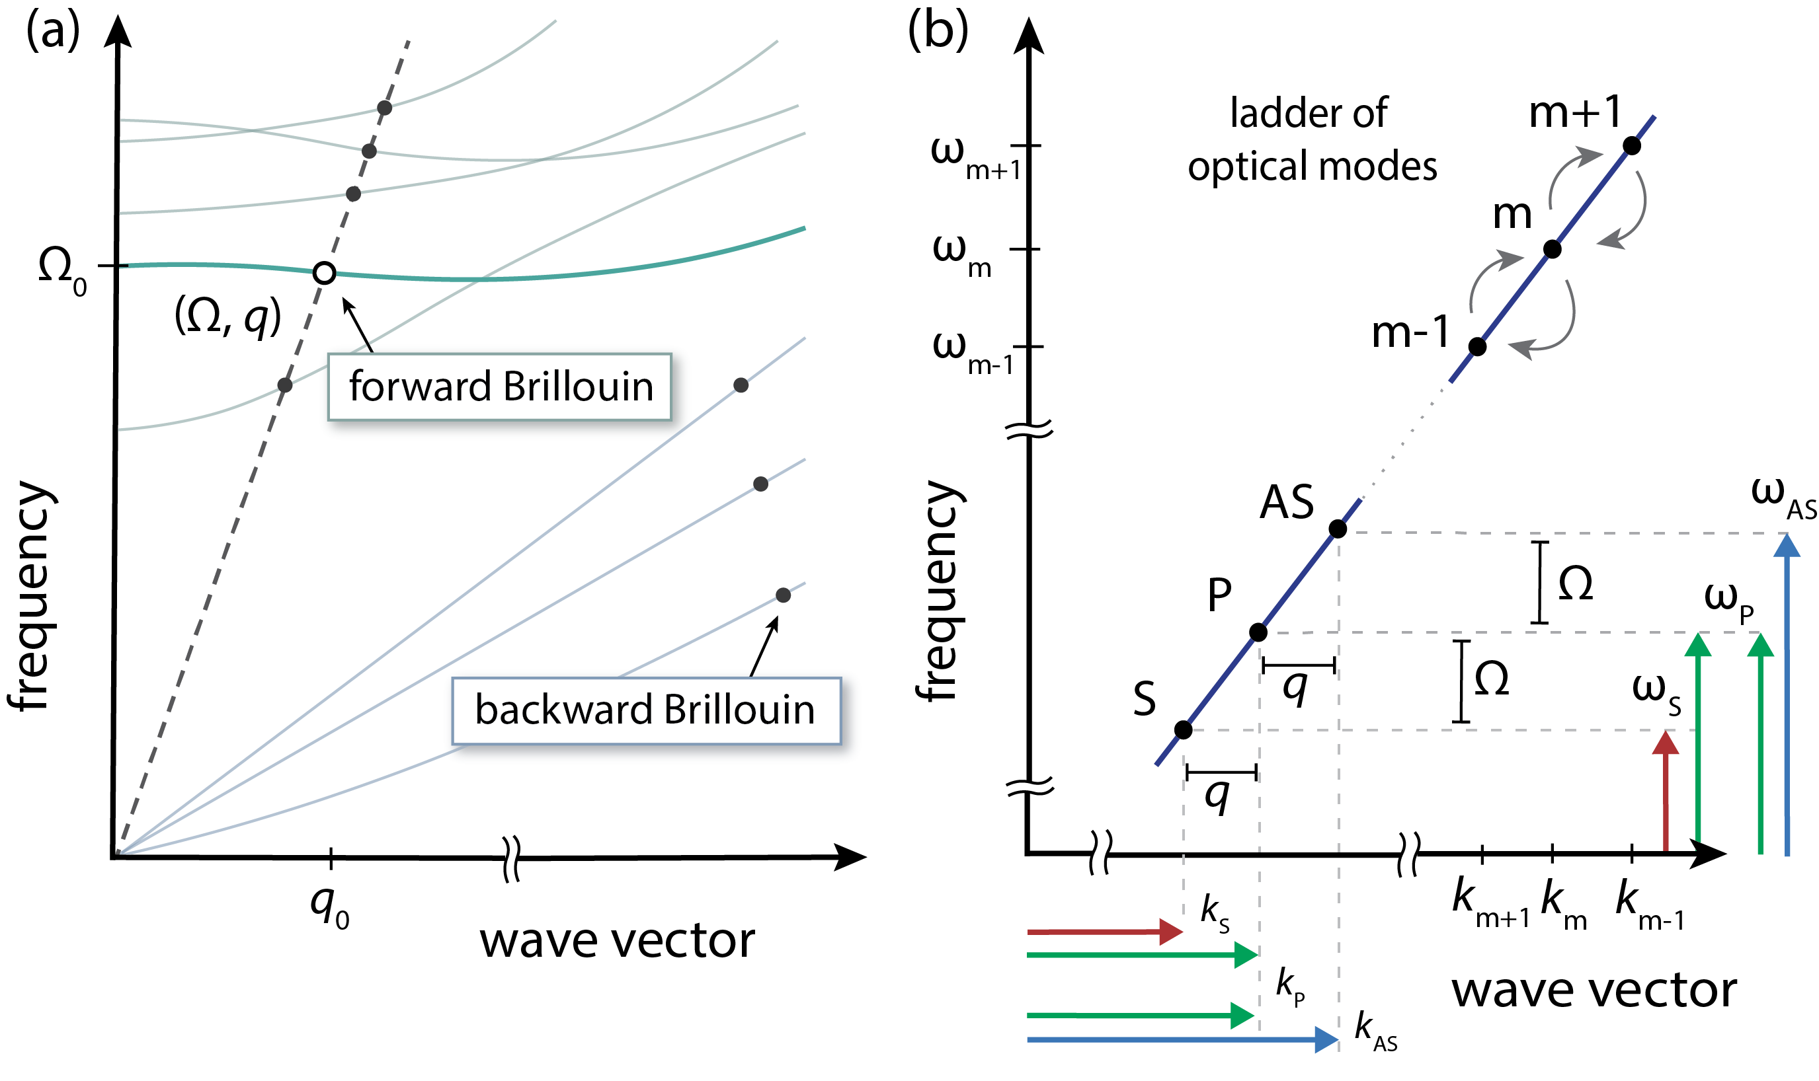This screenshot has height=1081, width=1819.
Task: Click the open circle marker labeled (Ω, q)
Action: click(x=324, y=273)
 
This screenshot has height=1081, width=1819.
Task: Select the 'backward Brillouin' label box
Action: click(x=644, y=710)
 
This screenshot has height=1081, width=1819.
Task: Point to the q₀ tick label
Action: click(x=329, y=907)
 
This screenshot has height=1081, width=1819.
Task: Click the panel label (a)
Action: click(x=52, y=33)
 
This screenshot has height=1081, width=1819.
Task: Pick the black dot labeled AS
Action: click(x=1337, y=529)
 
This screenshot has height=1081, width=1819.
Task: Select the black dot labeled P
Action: click(x=1258, y=632)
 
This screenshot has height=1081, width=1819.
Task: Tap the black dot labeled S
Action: click(x=1184, y=730)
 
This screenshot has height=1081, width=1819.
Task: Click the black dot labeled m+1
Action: click(x=1632, y=145)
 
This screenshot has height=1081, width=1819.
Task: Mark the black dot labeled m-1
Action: click(x=1477, y=347)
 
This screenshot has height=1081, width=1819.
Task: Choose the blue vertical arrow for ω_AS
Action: click(x=1786, y=692)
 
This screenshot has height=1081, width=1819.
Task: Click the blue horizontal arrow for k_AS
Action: click(x=1181, y=1039)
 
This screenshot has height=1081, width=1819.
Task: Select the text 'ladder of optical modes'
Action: click(x=1312, y=140)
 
